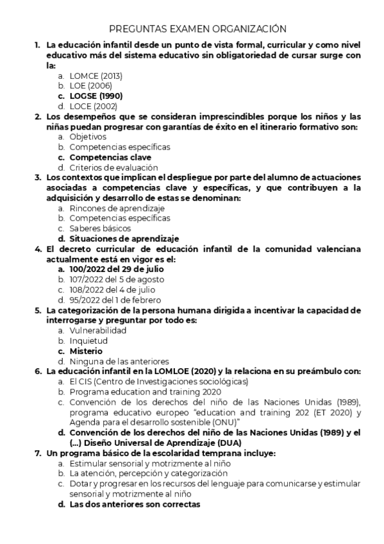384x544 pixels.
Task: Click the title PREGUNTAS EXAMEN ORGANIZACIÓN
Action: [x=197, y=29]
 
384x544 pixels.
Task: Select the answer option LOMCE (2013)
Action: [x=96, y=76]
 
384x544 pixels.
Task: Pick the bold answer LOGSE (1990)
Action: [x=96, y=96]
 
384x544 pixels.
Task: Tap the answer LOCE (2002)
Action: [x=94, y=106]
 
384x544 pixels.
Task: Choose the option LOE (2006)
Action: [x=91, y=86]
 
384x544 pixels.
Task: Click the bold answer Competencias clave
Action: [x=110, y=157]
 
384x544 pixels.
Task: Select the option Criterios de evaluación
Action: [x=110, y=167]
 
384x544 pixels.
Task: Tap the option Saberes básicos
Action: [x=100, y=228]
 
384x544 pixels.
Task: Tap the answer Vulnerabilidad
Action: [x=98, y=330]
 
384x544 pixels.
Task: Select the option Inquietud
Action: [x=88, y=341]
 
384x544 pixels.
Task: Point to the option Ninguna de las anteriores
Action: [x=119, y=361]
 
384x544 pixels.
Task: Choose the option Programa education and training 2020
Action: [x=146, y=391]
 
